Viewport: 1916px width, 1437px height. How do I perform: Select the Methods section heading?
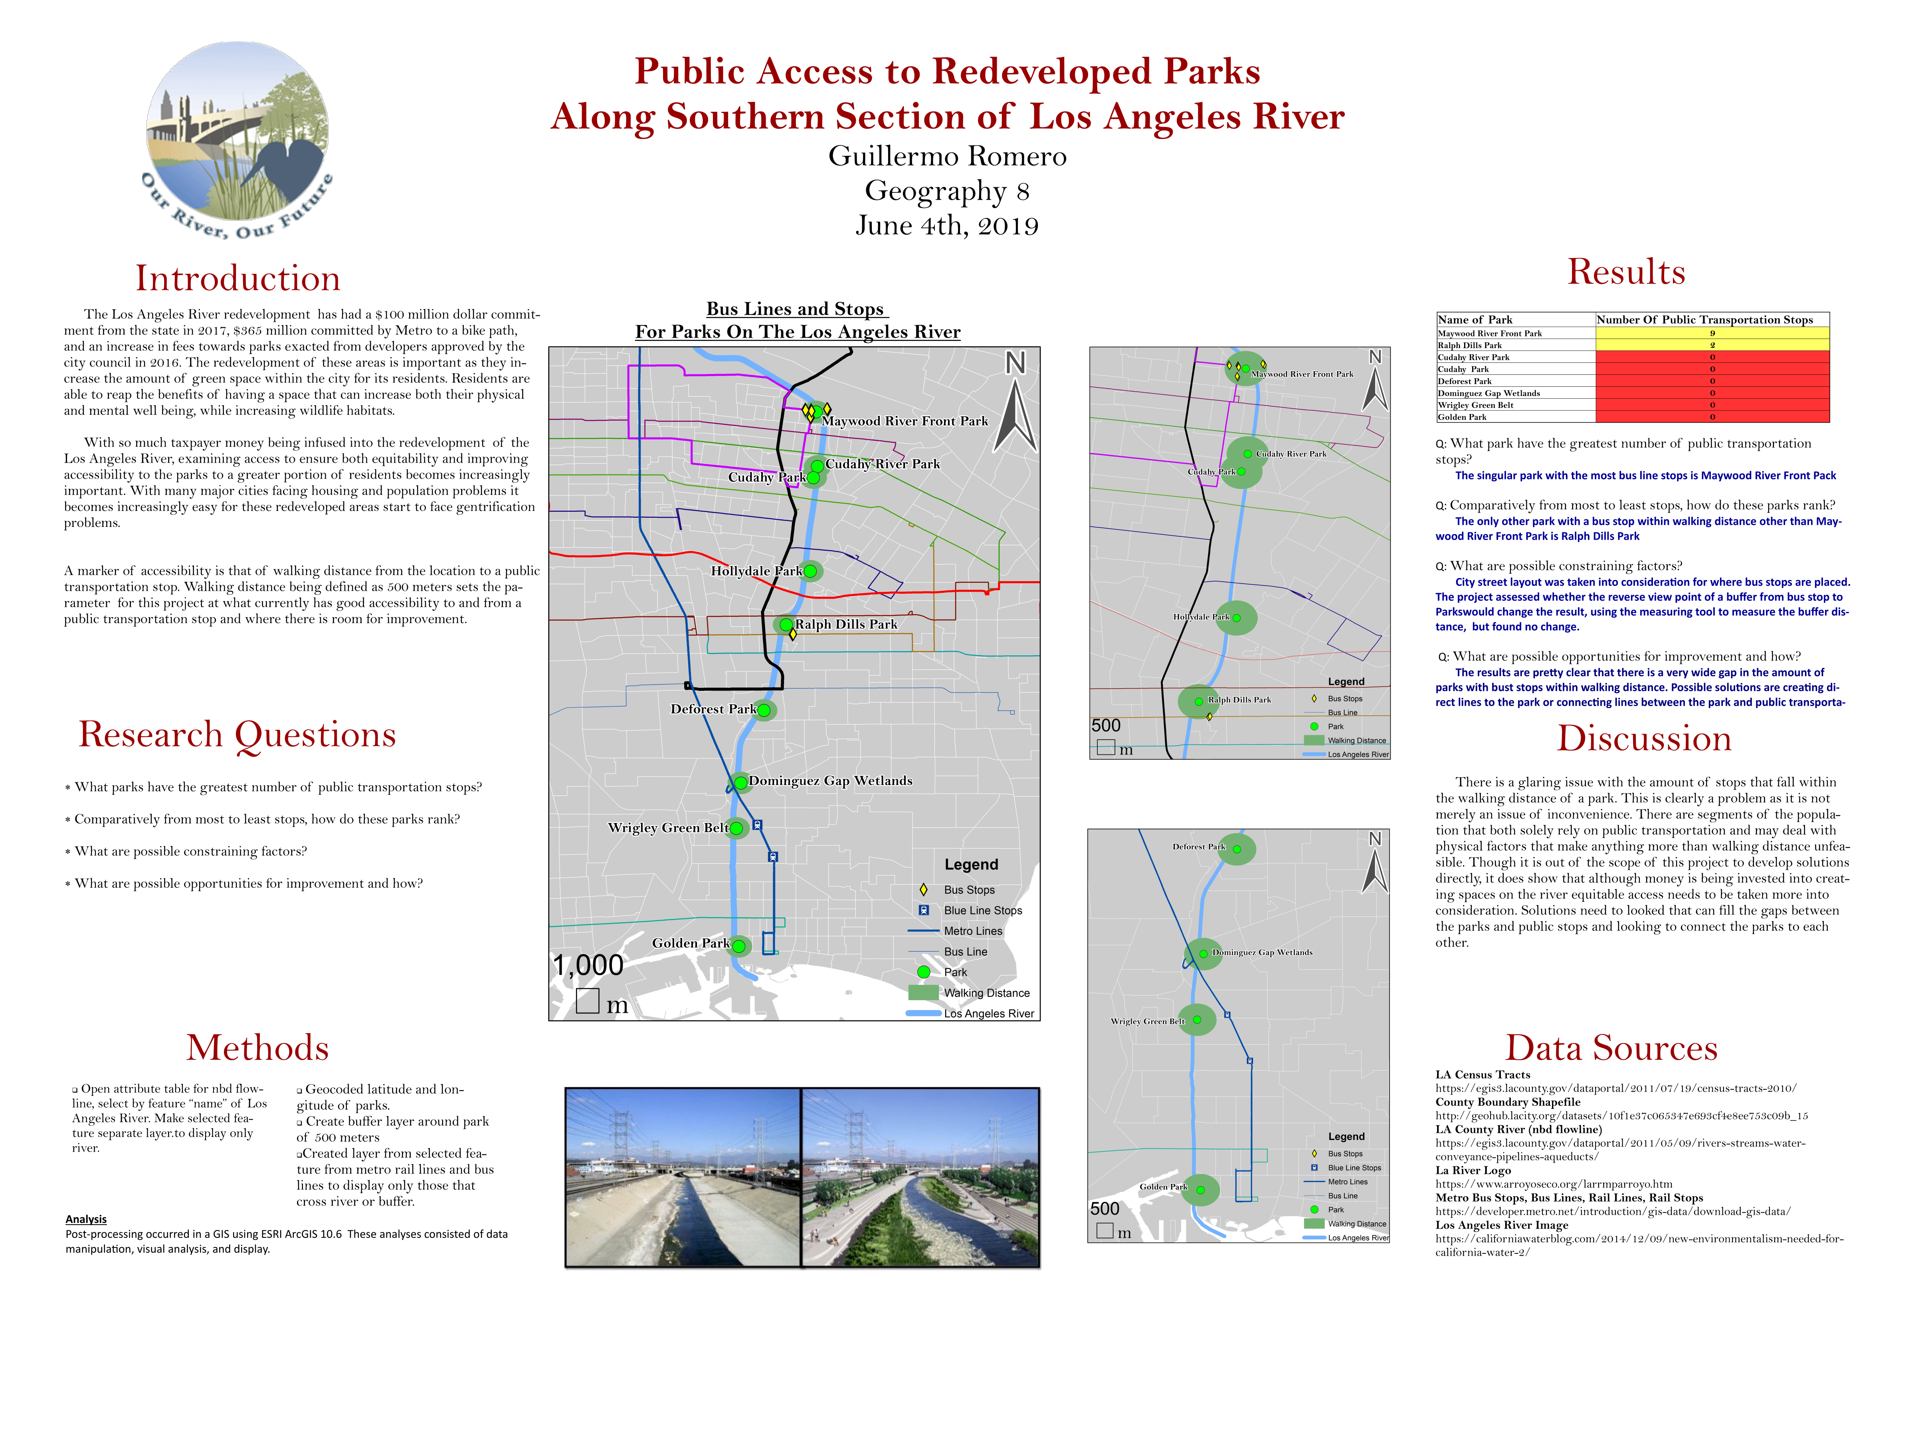(257, 1048)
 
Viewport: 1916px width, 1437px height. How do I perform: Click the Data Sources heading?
(1611, 1048)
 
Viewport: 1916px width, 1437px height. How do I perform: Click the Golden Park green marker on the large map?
(739, 946)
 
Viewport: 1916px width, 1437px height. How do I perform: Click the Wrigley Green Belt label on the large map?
(668, 828)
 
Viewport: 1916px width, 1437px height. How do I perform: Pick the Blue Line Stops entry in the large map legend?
(982, 910)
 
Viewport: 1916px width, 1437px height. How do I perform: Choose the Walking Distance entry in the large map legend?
(986, 993)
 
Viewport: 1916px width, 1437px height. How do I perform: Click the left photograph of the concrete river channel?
(683, 1177)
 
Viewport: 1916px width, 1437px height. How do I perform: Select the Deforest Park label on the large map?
(713, 709)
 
